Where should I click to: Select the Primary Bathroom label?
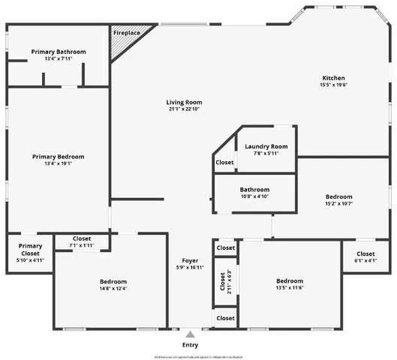(59, 52)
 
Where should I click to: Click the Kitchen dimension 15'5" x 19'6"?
(334, 85)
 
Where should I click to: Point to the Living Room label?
(185, 103)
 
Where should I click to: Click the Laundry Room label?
(266, 146)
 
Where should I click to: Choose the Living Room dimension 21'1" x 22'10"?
(185, 110)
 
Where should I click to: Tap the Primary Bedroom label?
(59, 157)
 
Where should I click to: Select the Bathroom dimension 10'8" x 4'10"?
(254, 196)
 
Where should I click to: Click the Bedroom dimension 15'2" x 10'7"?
(338, 203)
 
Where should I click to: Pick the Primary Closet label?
(31, 250)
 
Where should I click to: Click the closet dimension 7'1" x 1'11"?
(82, 245)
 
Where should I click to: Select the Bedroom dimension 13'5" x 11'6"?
(289, 287)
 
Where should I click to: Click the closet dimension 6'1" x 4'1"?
(365, 261)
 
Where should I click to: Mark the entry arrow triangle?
(191, 335)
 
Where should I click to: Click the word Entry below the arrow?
(191, 345)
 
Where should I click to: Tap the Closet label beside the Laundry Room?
(225, 162)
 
